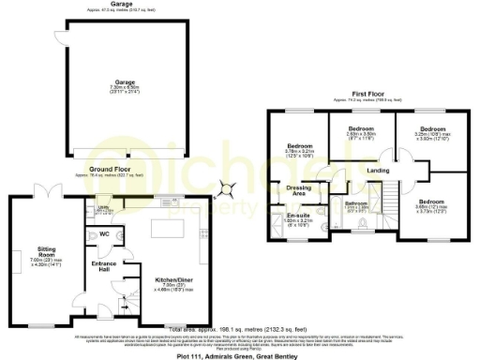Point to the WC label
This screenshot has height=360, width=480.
click(105, 233)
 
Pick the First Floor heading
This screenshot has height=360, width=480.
click(371, 95)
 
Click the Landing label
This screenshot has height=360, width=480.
click(378, 170)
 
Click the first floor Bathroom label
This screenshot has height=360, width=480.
click(356, 202)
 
